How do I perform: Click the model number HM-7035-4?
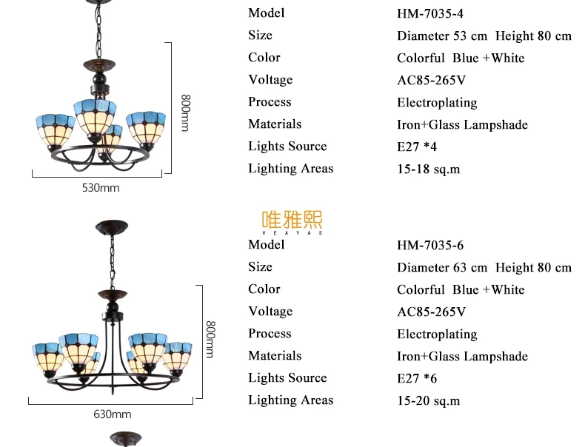tap(429, 13)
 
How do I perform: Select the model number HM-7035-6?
tap(429, 245)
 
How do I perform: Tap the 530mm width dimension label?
tap(101, 187)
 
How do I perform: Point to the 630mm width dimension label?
tap(113, 414)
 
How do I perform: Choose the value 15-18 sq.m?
tap(428, 169)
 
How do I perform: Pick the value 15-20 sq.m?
tap(428, 401)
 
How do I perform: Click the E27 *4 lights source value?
tap(417, 147)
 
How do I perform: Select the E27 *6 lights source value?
tap(417, 378)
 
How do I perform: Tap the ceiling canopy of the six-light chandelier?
tap(112, 227)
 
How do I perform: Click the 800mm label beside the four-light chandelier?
tap(185, 113)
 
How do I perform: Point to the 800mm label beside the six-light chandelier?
tap(210, 339)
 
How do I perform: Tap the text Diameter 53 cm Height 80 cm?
tap(484, 36)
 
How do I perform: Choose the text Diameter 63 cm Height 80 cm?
tap(484, 268)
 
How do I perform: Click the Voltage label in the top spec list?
tap(270, 80)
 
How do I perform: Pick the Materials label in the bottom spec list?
tap(275, 356)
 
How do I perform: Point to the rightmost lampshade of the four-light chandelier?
tap(146, 130)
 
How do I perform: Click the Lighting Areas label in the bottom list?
tap(290, 400)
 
